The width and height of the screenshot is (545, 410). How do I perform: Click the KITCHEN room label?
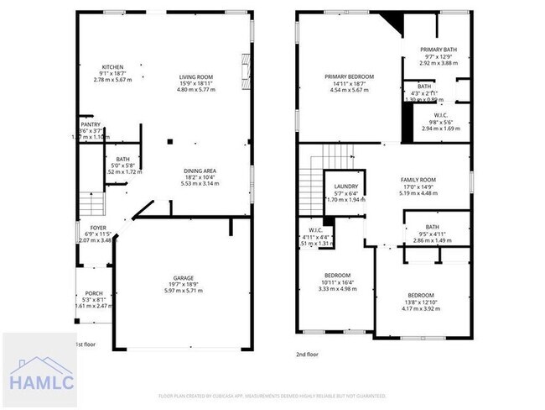[x=112, y=67]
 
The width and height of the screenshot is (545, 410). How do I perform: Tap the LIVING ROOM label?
[x=196, y=78]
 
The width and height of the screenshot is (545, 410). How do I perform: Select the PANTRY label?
[x=90, y=124]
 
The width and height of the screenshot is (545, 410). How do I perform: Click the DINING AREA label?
[x=200, y=171]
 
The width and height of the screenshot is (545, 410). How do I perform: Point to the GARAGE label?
[x=184, y=278]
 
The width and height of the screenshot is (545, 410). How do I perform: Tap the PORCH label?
[x=92, y=293]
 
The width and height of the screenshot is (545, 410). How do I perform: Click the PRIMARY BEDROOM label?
[x=349, y=76]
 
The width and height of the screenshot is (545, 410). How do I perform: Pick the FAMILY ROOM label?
[x=418, y=180]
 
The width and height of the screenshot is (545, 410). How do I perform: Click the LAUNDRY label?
[x=346, y=187]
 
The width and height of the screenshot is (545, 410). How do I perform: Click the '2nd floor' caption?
[x=308, y=355]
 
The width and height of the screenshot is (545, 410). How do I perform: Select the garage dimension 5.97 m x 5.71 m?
[x=184, y=292]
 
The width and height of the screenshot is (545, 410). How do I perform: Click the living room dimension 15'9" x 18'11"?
[x=196, y=84]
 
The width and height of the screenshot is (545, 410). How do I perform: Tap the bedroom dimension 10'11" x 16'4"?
[x=338, y=281]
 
